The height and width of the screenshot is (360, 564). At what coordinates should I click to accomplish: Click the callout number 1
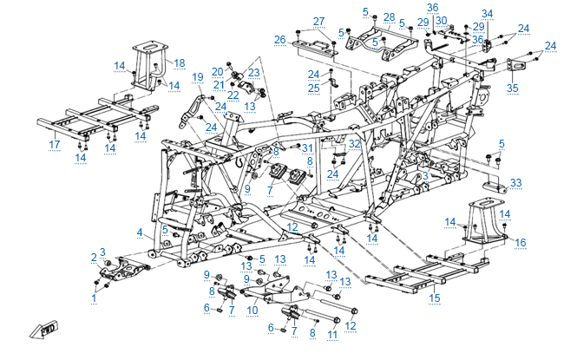pyautogui.click(x=94, y=298)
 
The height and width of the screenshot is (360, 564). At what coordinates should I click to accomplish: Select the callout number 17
pyautogui.click(x=55, y=144)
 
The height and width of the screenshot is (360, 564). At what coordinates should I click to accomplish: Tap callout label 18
pyautogui.click(x=180, y=62)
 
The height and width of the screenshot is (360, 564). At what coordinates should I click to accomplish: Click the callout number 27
pyautogui.click(x=318, y=21)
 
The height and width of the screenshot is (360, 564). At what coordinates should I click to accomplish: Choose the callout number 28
pyautogui.click(x=389, y=17)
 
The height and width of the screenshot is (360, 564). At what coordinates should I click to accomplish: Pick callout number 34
pyautogui.click(x=487, y=13)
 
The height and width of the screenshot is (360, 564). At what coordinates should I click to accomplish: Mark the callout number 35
pyautogui.click(x=512, y=88)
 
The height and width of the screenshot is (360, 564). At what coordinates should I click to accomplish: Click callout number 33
pyautogui.click(x=516, y=183)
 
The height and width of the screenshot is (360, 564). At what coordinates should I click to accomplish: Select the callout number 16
pyautogui.click(x=521, y=242)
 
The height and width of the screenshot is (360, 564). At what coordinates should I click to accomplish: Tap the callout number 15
pyautogui.click(x=435, y=298)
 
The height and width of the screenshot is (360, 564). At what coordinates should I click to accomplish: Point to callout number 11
pyautogui.click(x=331, y=332)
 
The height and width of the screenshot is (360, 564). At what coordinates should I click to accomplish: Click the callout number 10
pyautogui.click(x=252, y=308)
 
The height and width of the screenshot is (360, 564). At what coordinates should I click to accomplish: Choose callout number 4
pyautogui.click(x=140, y=232)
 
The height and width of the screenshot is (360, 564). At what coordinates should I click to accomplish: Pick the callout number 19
pyautogui.click(x=197, y=77)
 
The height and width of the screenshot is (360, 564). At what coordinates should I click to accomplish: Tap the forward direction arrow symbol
pyautogui.click(x=40, y=331)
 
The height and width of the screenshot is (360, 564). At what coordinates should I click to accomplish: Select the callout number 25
pyautogui.click(x=313, y=88)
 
